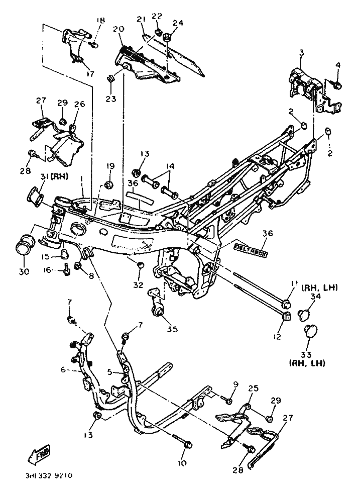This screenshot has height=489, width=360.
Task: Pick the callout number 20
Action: (118, 29)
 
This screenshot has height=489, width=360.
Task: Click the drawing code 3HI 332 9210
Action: (49, 474)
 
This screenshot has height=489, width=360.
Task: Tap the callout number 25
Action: (253, 388)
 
